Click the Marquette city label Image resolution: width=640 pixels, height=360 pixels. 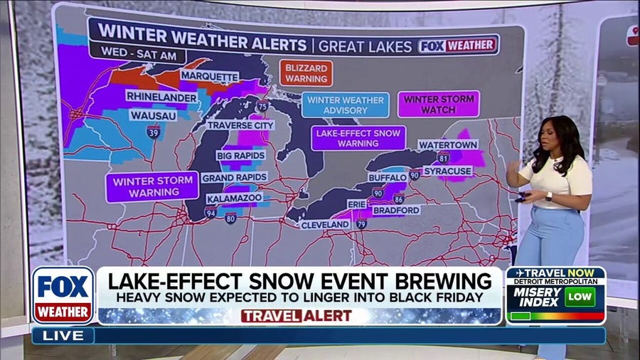click(209, 76)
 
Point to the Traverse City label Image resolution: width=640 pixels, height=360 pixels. click(240, 125)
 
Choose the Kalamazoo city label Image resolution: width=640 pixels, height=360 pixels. click(234, 198)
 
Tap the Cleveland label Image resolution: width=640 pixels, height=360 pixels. click(325, 225)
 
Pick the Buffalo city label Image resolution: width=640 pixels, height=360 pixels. click(387, 177)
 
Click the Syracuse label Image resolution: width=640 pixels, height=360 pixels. click(448, 171)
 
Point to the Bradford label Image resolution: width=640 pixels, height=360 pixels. click(395, 211)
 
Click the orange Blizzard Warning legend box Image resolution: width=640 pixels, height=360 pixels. click(306, 73)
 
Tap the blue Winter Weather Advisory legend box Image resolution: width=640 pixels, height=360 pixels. click(346, 105)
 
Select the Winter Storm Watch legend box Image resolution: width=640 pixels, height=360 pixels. click(439, 104)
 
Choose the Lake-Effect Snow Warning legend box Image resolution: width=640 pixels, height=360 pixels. click(358, 137)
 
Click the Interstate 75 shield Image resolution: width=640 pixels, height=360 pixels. click(263, 106)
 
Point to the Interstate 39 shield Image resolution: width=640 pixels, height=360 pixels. click(153, 131)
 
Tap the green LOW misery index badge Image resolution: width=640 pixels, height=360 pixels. click(580, 297)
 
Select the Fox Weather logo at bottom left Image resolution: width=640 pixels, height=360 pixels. click(63, 295)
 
